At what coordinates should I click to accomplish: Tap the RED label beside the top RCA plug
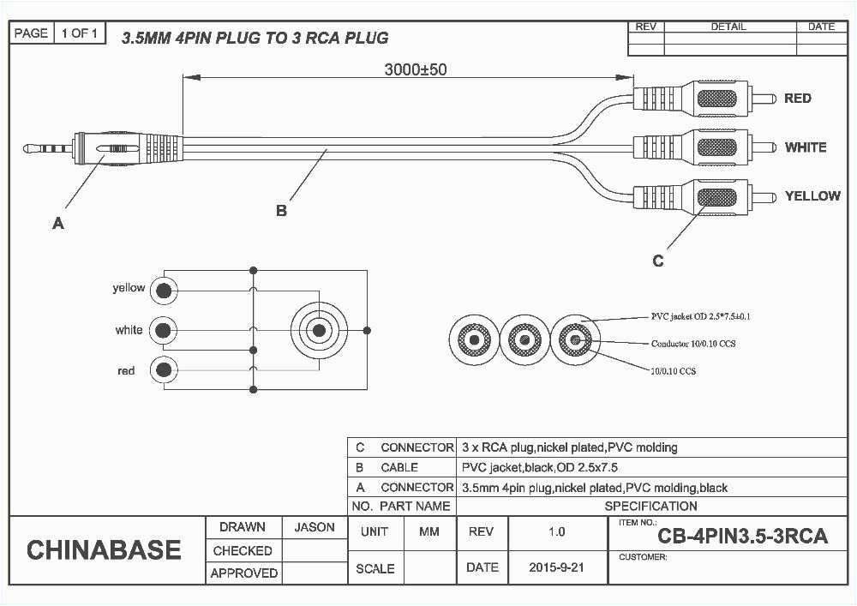click(797, 99)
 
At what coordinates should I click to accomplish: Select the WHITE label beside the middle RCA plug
click(805, 147)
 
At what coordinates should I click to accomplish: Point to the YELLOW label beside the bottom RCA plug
click(812, 196)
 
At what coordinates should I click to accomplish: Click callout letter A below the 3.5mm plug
click(58, 223)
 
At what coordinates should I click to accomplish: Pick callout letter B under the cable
click(281, 210)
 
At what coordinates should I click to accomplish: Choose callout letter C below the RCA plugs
click(657, 261)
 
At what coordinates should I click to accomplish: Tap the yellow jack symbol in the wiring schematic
click(164, 291)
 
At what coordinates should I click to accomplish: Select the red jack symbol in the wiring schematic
click(164, 370)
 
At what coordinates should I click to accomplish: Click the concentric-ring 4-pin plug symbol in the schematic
click(319, 330)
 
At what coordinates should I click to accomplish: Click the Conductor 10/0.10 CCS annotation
click(693, 344)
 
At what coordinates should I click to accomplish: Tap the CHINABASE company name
click(104, 550)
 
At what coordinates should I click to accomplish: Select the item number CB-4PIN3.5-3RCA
click(742, 537)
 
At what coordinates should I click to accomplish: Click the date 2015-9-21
click(557, 567)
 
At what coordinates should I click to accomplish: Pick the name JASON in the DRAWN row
click(315, 528)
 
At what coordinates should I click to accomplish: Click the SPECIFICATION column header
click(650, 506)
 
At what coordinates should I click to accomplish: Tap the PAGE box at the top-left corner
click(31, 33)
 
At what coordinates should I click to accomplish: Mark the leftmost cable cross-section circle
click(471, 341)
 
